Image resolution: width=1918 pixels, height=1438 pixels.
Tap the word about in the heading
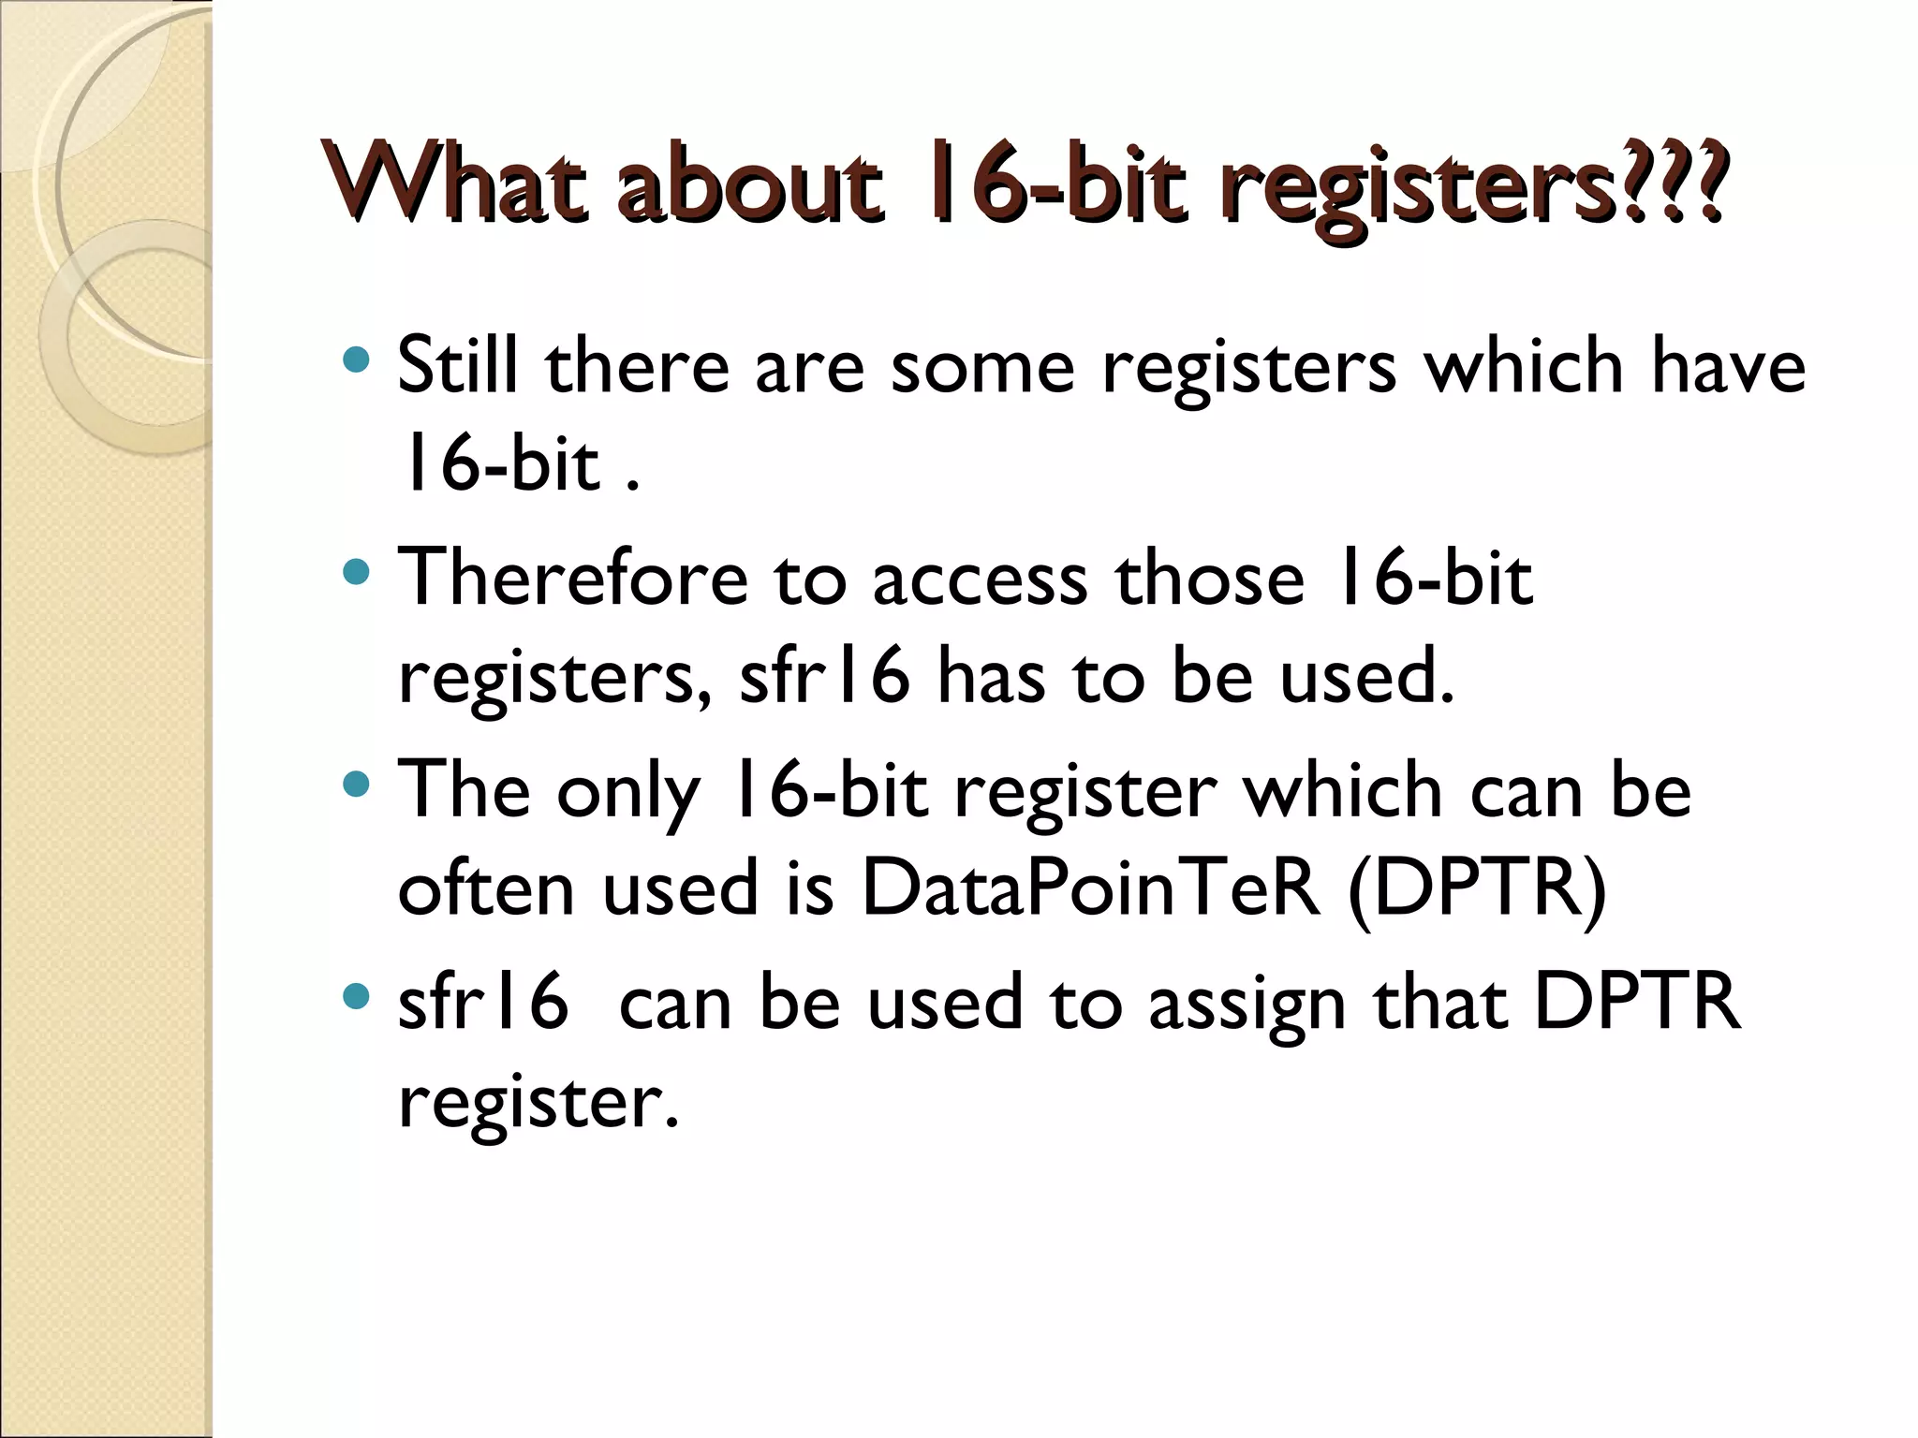pyautogui.click(x=749, y=183)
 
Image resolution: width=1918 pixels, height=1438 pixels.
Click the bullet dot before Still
pyautogui.click(x=357, y=359)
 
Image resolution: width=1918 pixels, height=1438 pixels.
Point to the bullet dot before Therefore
pyautogui.click(x=357, y=572)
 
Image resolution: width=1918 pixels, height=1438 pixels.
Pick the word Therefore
pyautogui.click(x=573, y=578)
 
